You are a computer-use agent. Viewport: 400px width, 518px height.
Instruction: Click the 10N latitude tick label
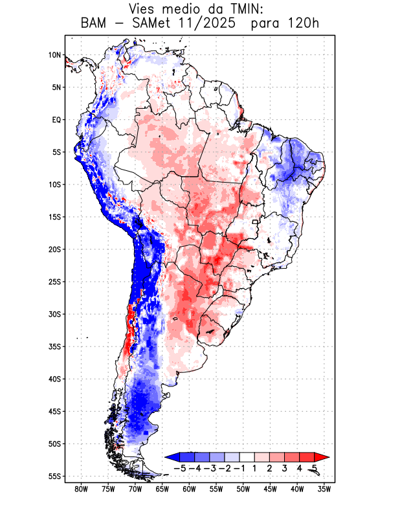[x=54, y=55]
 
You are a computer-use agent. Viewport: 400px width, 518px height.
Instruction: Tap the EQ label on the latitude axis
[x=56, y=120]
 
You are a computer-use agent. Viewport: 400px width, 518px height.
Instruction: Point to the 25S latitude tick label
[x=54, y=282]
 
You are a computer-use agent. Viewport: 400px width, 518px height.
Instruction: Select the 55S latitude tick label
[x=54, y=477]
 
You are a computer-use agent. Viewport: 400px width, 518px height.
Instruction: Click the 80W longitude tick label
[x=82, y=490]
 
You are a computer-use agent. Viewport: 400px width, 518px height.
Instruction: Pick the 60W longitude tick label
[x=190, y=490]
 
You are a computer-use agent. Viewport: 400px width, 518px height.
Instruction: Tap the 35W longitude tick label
[x=325, y=490]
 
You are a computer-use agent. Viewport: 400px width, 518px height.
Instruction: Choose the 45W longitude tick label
[x=271, y=490]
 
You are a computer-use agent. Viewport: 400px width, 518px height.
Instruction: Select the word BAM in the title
[x=95, y=25]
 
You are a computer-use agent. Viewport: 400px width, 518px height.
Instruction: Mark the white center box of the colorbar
[x=247, y=457]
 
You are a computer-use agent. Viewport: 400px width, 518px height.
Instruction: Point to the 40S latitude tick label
[x=54, y=379]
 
